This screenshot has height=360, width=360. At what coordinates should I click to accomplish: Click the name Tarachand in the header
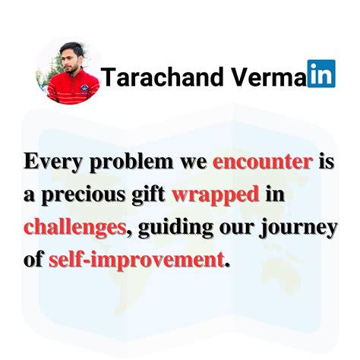tap(155, 76)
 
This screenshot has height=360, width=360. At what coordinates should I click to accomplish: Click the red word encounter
tap(262, 162)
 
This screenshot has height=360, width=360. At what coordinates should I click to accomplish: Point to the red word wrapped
tap(216, 194)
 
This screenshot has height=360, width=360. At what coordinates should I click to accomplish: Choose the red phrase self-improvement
tap(137, 260)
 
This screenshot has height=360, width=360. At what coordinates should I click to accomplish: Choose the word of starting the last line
tap(33, 260)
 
